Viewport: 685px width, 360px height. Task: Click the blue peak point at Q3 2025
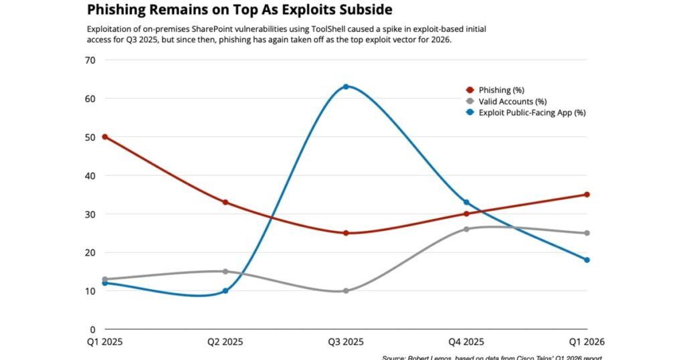(x=346, y=86)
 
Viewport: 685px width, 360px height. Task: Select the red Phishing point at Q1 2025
(x=105, y=137)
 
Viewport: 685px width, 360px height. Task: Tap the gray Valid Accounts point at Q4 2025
(x=466, y=229)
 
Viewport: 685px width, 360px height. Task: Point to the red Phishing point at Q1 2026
(x=587, y=195)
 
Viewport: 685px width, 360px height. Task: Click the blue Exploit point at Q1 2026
(x=587, y=260)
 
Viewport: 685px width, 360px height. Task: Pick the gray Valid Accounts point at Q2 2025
(x=225, y=271)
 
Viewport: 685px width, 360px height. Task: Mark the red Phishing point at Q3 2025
(x=346, y=233)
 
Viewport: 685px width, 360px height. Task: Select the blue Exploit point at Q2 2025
(x=225, y=291)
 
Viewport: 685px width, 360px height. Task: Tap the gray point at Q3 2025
(x=346, y=291)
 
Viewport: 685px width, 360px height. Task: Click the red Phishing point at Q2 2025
(x=225, y=202)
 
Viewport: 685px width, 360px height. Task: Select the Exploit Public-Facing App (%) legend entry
(x=532, y=112)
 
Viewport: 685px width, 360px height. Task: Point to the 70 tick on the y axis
(x=90, y=60)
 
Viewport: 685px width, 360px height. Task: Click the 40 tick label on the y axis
(x=90, y=176)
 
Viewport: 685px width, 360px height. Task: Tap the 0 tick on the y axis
(x=93, y=330)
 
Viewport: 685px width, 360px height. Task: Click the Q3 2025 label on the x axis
(x=346, y=343)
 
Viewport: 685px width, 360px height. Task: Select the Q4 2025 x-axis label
(x=466, y=343)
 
